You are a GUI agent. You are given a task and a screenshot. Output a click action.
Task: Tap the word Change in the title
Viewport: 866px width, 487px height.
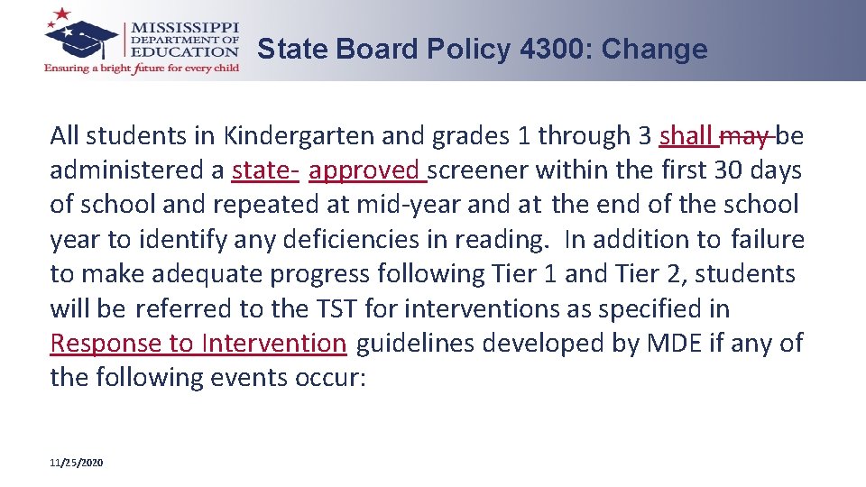coord(655,50)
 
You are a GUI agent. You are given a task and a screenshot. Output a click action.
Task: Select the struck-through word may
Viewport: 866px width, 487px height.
coord(745,136)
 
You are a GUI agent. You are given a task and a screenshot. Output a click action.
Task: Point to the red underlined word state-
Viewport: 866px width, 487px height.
coord(265,170)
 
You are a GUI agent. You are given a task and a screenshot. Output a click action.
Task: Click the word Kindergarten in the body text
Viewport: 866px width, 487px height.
coord(299,136)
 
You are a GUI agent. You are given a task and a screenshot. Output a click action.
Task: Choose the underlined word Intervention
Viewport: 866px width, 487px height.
coord(274,344)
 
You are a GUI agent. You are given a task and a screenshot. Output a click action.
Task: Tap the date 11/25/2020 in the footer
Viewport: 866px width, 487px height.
coord(77,463)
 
